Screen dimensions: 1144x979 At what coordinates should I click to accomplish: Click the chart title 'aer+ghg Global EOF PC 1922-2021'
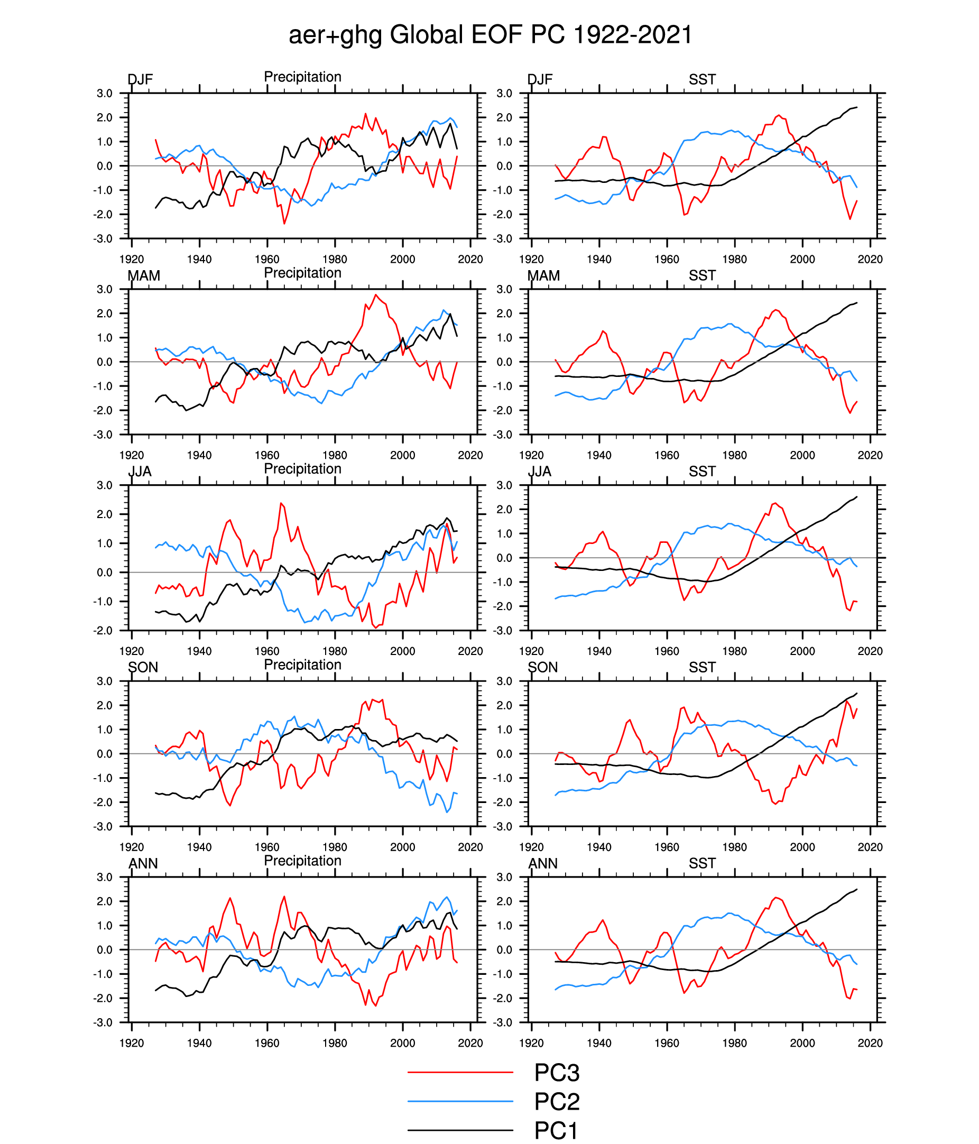point(490,35)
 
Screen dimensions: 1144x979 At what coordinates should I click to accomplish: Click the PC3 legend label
point(557,1072)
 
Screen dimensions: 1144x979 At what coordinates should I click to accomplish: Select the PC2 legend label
point(557,1101)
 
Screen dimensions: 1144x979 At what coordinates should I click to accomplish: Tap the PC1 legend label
point(556,1130)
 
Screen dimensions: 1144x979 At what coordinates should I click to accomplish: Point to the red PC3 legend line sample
point(460,1072)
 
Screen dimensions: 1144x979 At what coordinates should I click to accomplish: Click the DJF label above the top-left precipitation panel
point(140,79)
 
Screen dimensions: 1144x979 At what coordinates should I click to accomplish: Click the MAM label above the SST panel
point(543,275)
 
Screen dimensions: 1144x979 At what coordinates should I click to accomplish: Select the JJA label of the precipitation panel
point(140,472)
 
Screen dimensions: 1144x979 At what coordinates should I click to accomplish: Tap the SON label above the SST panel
point(543,668)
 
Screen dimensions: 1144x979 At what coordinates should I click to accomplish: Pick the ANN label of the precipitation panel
point(143,863)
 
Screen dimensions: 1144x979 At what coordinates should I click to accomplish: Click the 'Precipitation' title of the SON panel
point(302,665)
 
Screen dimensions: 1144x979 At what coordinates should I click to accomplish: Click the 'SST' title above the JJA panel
point(702,472)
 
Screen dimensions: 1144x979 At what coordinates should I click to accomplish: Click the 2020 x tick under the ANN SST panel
point(870,1043)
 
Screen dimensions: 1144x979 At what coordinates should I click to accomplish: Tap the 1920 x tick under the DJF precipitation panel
point(132,259)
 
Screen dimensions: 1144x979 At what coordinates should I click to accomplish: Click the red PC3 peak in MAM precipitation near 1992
point(376,295)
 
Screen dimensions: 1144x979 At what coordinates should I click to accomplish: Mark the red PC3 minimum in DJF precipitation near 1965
point(284,224)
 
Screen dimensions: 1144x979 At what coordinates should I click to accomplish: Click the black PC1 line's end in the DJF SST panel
point(856,107)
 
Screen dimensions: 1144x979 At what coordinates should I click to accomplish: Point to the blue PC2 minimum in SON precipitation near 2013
point(447,812)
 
